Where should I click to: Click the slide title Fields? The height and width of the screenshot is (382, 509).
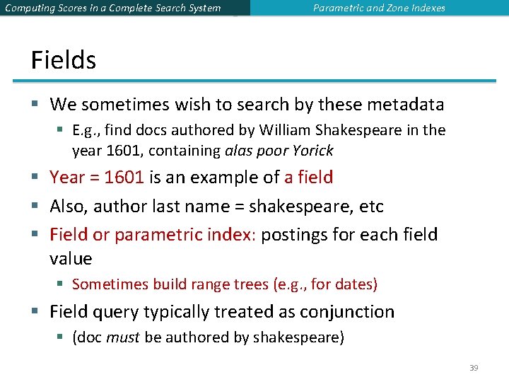pos(64,60)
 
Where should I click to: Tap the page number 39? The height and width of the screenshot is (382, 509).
pos(474,368)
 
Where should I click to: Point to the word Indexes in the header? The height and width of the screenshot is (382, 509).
pos(426,8)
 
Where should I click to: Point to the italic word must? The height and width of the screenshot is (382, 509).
pos(123,337)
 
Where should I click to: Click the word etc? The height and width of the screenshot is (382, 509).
pos(372,207)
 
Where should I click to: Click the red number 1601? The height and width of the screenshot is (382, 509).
pos(124,178)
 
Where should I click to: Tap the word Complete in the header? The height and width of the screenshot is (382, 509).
pos(135,8)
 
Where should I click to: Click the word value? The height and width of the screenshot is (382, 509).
pos(71,258)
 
